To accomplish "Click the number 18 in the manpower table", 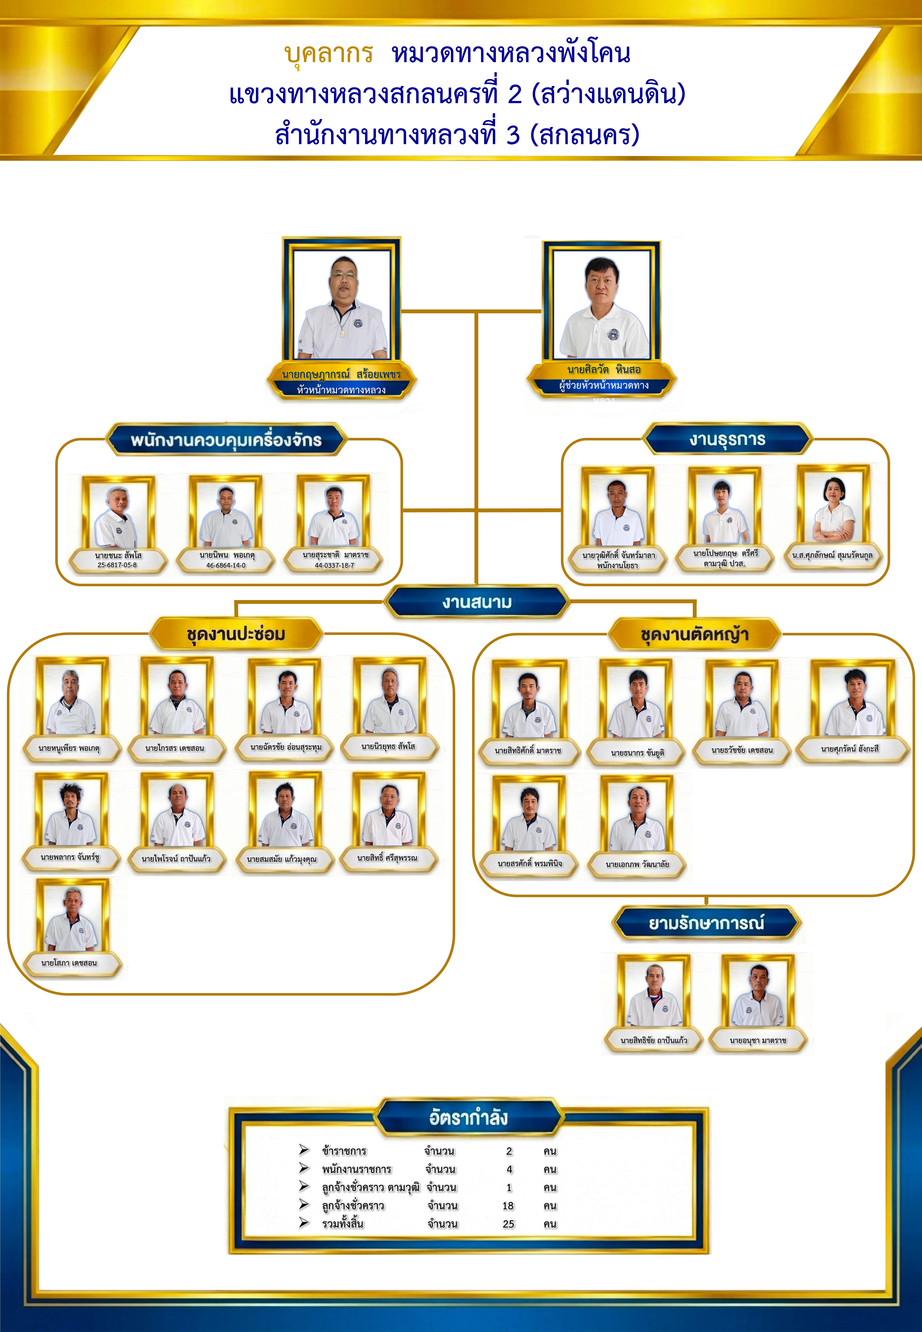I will [508, 1206].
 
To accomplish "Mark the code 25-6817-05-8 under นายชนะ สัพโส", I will [117, 565].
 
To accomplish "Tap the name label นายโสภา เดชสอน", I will [69, 963].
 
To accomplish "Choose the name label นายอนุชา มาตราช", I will [758, 1040].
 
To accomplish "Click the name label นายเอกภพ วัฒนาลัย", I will [637, 864].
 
